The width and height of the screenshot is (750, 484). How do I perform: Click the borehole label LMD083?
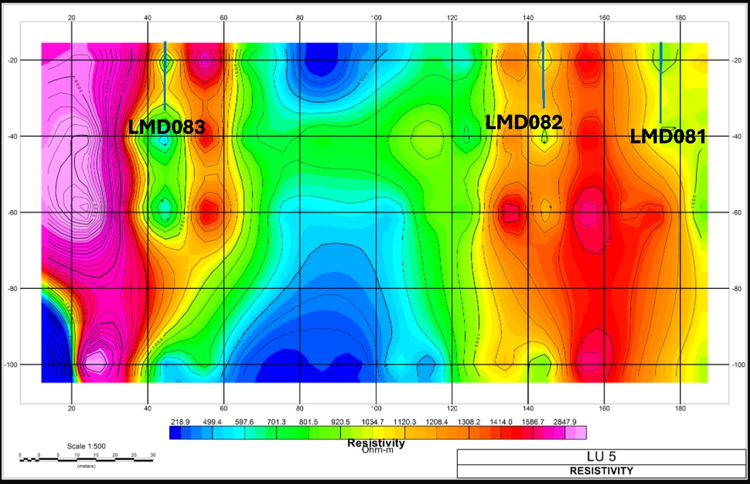pos(166,126)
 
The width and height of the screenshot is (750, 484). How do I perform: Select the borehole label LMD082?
pos(524,122)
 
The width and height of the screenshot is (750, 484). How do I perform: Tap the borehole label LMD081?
pos(668,136)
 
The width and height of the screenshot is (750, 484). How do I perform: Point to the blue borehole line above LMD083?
pos(165,75)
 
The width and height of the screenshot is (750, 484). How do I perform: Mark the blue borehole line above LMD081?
pos(661,82)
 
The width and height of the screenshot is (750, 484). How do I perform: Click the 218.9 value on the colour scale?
pos(179,422)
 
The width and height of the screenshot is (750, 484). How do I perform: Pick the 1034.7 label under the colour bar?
pos(371,422)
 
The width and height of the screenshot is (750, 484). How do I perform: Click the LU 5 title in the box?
pos(601,456)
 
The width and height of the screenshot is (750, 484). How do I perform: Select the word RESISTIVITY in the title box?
pos(601,470)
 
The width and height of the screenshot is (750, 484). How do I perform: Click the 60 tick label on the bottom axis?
pos(224,409)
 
